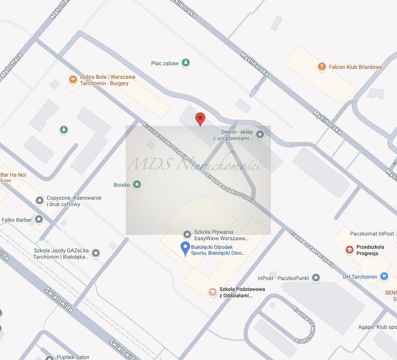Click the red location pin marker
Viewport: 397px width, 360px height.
pyautogui.click(x=200, y=119)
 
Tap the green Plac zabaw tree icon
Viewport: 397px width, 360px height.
pyautogui.click(x=186, y=63)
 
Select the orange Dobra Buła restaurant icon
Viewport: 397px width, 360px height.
pyautogui.click(x=73, y=79)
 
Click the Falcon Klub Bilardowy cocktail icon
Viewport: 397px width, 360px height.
pyautogui.click(x=322, y=67)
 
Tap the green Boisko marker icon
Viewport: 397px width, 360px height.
pyautogui.click(x=137, y=185)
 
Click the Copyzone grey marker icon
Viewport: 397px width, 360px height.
pyautogui.click(x=40, y=201)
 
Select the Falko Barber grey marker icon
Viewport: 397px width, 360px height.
pyautogui.click(x=39, y=219)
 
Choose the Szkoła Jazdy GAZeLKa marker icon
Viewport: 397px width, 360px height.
pyautogui.click(x=96, y=253)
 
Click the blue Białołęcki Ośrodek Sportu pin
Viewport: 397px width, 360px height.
pyautogui.click(x=186, y=249)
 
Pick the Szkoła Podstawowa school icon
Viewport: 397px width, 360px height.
pyautogui.click(x=213, y=292)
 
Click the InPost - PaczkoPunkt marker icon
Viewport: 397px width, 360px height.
pyautogui.click(x=316, y=278)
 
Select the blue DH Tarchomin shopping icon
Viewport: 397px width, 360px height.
pyautogui.click(x=384, y=277)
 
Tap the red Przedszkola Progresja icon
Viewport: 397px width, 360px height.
pyautogui.click(x=349, y=250)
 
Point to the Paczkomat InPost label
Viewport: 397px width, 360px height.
pyautogui.click(x=372, y=233)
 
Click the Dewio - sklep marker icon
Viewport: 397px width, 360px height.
pyautogui.click(x=260, y=135)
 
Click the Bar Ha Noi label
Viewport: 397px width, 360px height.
pyautogui.click(x=13, y=175)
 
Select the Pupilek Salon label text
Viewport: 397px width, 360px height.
pyautogui.click(x=73, y=357)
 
